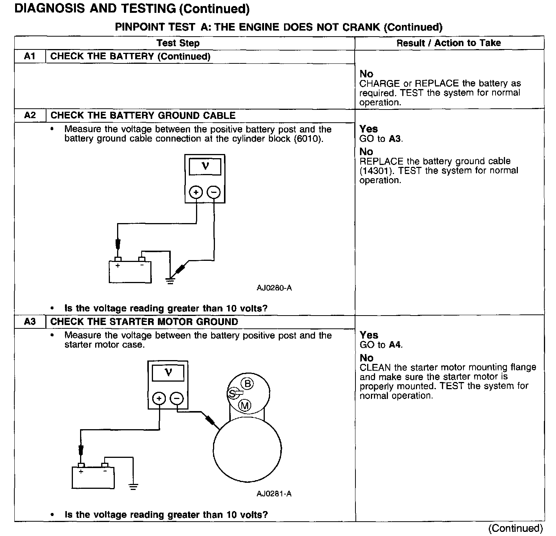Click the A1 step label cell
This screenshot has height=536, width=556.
click(30, 57)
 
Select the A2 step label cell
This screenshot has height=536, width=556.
click(30, 116)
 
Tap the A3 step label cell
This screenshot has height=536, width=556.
click(30, 322)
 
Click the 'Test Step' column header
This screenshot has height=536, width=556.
click(178, 43)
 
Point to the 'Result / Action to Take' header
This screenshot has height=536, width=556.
click(449, 43)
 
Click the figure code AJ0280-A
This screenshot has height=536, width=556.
click(274, 288)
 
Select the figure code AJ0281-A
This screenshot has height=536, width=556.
click(274, 494)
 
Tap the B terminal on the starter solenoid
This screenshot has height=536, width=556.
click(247, 384)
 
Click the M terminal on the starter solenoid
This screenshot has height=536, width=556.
click(245, 406)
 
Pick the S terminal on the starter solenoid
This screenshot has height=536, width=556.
click(232, 394)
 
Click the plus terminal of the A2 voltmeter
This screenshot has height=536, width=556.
click(196, 193)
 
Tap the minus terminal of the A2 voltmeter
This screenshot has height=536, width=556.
click(214, 193)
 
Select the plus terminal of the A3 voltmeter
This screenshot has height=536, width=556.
click(159, 399)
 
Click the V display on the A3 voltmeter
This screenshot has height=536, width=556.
click(168, 373)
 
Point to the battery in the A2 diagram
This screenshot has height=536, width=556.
click(130, 271)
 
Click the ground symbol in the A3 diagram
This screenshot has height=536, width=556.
click(133, 487)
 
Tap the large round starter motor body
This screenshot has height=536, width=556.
click(247, 449)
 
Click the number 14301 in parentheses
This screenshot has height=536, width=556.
click(374, 171)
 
